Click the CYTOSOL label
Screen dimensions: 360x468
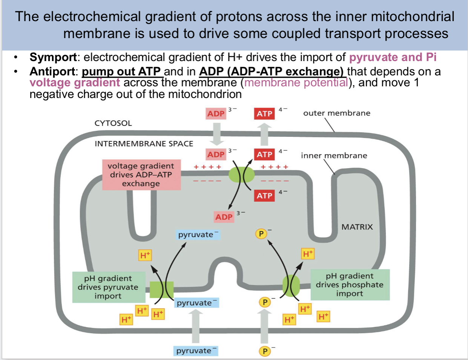click(113, 123)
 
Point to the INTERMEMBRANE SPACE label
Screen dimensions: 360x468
click(144, 144)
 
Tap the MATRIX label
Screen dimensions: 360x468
click(357, 227)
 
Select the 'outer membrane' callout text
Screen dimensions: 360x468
click(336, 113)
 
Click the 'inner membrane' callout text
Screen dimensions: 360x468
click(334, 155)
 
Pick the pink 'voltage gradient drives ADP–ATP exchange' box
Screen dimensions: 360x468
click(141, 175)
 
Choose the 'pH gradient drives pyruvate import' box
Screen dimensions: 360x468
click(108, 287)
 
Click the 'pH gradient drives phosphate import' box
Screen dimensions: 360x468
click(350, 285)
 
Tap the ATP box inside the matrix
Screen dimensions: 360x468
click(264, 196)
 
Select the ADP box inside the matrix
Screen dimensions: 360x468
click(224, 217)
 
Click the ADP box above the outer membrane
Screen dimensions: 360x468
click(216, 113)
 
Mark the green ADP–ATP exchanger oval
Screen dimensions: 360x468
click(242, 175)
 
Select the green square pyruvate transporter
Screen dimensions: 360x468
click(161, 290)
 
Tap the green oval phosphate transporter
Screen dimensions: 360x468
click(291, 285)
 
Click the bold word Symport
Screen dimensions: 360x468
click(53, 57)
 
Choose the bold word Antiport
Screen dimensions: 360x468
click(53, 71)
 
